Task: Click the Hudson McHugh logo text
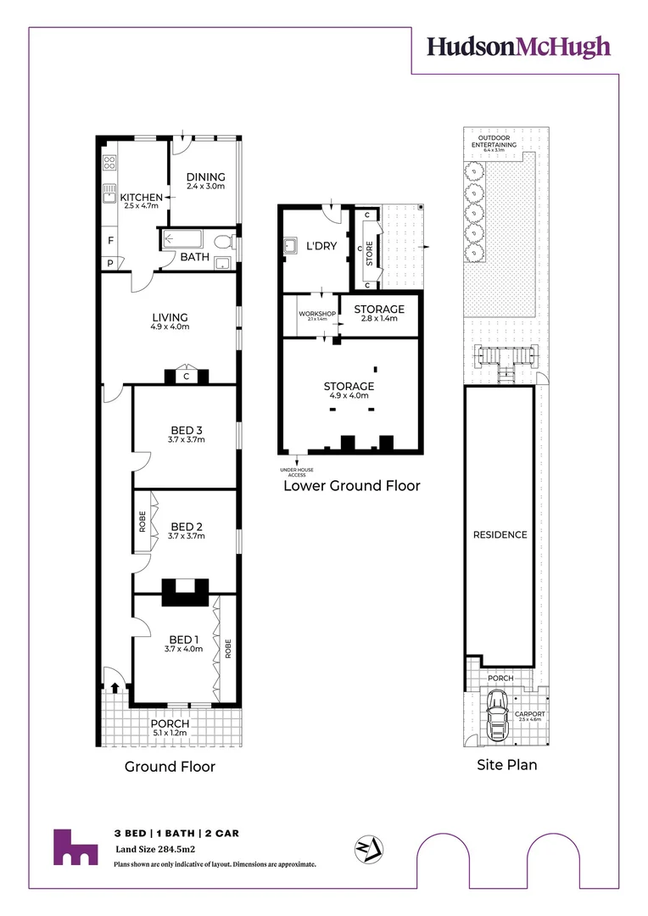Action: [x=518, y=47]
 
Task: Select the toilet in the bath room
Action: [x=223, y=242]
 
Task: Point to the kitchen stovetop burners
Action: [x=109, y=162]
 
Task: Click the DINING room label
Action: [x=206, y=177]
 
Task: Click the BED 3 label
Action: [x=187, y=430]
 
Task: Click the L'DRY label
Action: [x=322, y=244]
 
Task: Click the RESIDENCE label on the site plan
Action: [x=500, y=534]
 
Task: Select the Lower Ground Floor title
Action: [x=351, y=486]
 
